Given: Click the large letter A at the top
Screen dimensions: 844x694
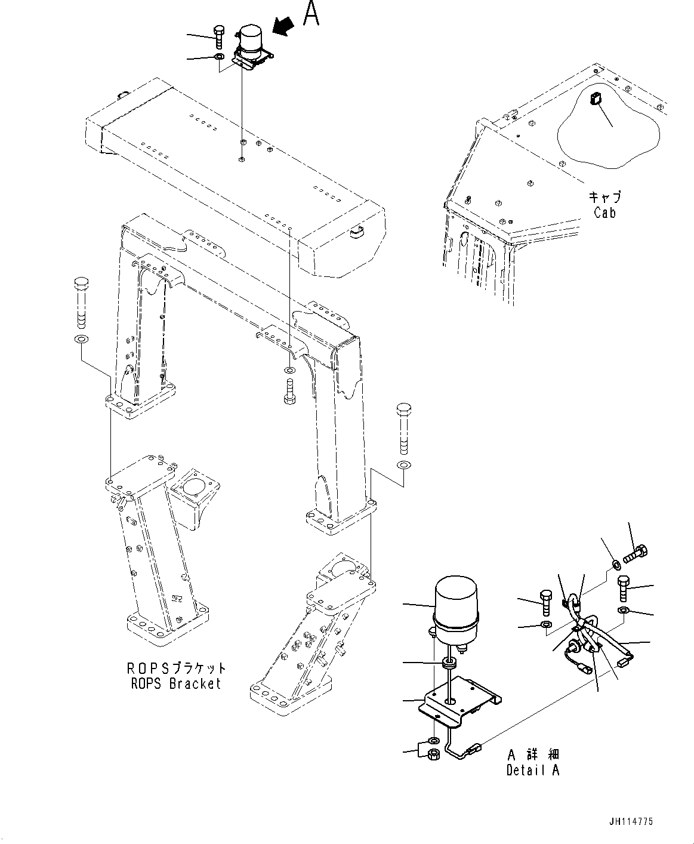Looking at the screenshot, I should point(311,13).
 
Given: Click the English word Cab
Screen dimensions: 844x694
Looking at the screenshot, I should point(604,212).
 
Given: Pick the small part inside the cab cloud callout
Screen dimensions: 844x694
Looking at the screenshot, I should point(594,99).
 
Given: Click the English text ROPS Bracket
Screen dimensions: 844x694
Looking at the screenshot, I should point(176,683).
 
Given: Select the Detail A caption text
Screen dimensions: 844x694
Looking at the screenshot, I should point(533,770).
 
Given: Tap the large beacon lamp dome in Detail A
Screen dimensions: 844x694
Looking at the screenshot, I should point(457,600).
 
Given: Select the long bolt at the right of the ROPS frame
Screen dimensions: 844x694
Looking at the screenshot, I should point(403,427).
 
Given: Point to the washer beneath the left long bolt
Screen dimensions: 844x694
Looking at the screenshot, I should point(81,340).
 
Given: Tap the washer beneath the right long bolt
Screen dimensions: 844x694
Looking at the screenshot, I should point(404,464).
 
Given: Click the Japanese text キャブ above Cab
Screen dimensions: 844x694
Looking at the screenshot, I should point(604,197).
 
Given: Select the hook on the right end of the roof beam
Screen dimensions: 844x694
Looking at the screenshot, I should point(356,230).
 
